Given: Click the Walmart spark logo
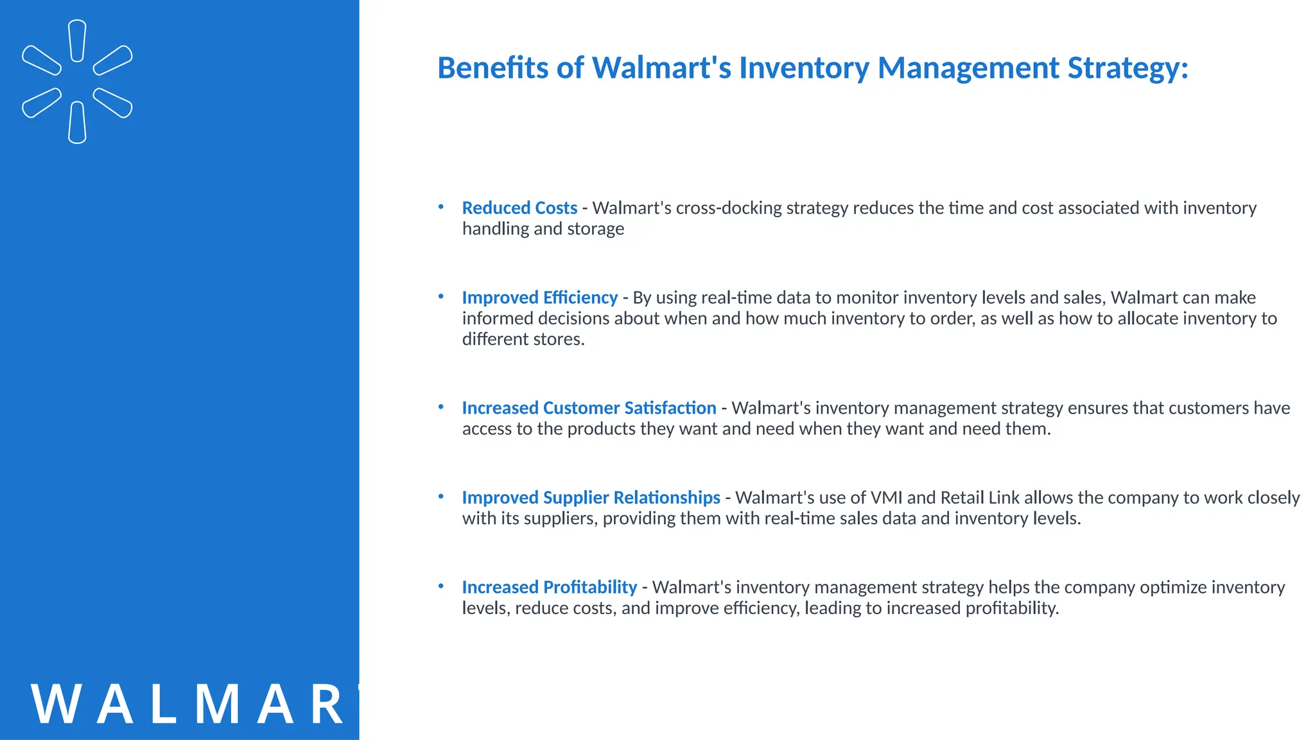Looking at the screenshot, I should [x=77, y=82].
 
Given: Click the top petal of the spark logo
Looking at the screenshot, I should [x=77, y=40].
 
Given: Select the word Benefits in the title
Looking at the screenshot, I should [x=492, y=68].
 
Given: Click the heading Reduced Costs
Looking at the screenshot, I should [x=519, y=208].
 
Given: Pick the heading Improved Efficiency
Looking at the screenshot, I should [x=539, y=297].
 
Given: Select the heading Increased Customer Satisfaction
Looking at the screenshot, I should [x=589, y=408].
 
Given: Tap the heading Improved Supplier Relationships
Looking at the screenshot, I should [x=591, y=498].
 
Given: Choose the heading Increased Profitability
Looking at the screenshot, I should [x=549, y=587].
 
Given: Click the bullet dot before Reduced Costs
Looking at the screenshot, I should [x=441, y=207].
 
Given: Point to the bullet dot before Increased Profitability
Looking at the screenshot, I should [x=441, y=586].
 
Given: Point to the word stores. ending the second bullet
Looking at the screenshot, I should [x=555, y=339].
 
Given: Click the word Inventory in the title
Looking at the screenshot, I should [x=804, y=68].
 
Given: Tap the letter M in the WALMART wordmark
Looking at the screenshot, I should [x=218, y=705].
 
